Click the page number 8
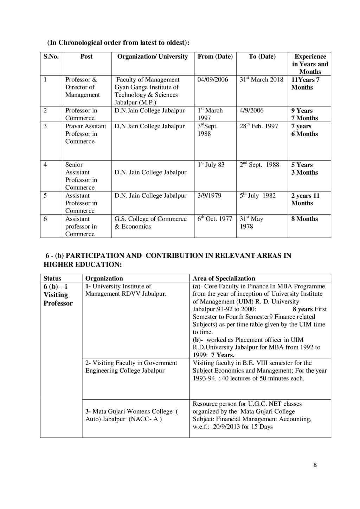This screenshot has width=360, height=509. coord(315,465)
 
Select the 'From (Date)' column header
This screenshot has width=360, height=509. coord(215,57)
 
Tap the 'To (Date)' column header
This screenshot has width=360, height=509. coord(262,57)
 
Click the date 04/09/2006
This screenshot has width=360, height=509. coord(213,80)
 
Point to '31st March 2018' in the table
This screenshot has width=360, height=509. coord(261,80)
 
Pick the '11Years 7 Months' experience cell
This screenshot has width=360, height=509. coord(305,84)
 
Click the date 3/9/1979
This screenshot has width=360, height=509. coord(209,196)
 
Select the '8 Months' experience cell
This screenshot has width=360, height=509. coord(304,219)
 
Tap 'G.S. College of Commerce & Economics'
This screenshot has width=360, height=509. coord(150,222)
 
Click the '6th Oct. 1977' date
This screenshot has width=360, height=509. coord(214,219)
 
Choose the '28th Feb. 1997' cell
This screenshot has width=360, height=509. coord(259,126)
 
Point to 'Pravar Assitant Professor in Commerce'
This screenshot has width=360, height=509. coord(85,134)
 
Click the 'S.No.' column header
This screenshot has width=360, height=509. coord(51,57)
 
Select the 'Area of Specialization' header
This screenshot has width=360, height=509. coord(224,278)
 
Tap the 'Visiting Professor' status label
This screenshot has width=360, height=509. coord(58,299)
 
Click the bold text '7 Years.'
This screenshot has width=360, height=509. coord(223,355)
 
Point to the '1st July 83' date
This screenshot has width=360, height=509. coord(211,165)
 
